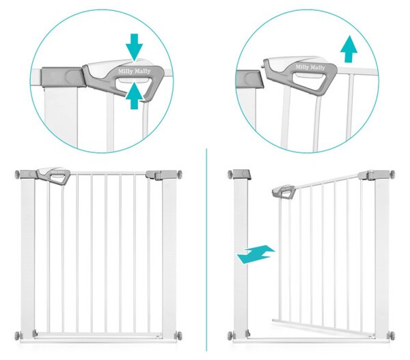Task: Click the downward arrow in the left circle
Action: tap(134, 47)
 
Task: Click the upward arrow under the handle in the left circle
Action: tap(134, 96)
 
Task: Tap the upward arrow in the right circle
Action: tap(348, 49)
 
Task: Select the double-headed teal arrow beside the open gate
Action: tap(256, 254)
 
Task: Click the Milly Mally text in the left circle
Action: tap(135, 71)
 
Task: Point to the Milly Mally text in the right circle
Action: tap(310, 67)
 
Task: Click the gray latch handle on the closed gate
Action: tap(53, 175)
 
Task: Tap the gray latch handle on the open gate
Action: tap(284, 192)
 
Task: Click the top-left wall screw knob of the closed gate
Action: tap(18, 174)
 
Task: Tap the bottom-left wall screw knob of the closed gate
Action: tap(18, 335)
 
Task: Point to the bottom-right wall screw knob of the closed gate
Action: tap(179, 335)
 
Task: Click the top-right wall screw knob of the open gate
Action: tap(392, 174)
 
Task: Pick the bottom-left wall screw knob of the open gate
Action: tap(230, 335)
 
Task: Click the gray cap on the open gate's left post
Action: tap(242, 174)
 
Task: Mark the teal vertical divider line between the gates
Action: tap(206, 249)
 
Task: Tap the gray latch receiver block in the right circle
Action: tap(249, 79)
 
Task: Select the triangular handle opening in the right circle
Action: tap(310, 79)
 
